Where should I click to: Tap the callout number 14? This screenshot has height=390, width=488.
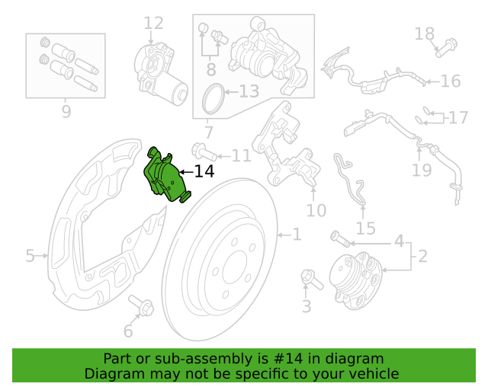pos(204,171)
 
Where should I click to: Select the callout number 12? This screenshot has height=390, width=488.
pos(153,24)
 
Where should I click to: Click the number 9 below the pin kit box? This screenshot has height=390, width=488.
pos(66,113)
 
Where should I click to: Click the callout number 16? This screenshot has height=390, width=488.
pos(450,81)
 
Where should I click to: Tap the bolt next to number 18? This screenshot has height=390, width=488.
pos(447,46)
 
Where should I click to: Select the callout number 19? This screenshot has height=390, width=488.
pos(422,169)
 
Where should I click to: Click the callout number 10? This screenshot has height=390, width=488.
pos(316,210)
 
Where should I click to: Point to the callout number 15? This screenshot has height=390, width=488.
pos(365,228)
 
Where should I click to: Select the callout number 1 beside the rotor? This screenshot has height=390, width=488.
pos(296,235)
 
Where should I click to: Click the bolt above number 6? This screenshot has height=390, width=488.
pos(141,305)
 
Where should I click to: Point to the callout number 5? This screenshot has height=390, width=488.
pos(30,255)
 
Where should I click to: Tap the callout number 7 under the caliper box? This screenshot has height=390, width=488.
pos(208,133)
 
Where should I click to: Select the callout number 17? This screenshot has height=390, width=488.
pos(457,118)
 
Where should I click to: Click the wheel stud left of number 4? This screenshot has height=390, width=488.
pos(341,240)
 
